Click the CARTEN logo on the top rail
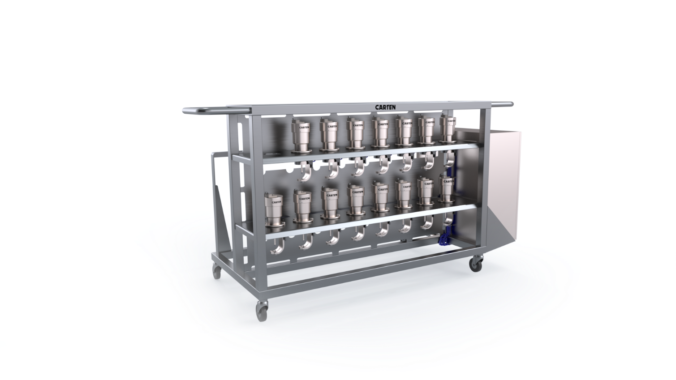385,107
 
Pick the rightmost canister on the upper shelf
448,128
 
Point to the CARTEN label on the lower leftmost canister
276,202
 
